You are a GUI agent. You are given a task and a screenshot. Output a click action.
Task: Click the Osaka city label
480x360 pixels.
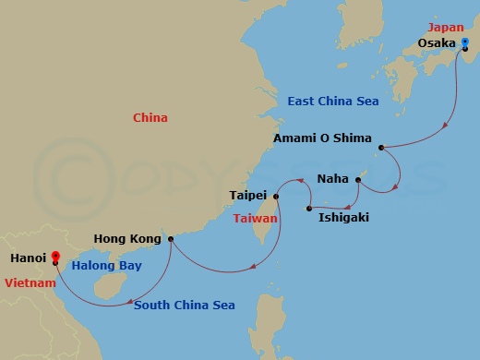pos(437,42)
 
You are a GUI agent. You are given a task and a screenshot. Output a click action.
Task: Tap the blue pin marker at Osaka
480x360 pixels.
pos(464,42)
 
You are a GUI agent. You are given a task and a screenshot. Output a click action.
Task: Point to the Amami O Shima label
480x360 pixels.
pos(322,139)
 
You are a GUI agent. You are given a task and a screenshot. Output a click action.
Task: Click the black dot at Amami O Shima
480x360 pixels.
pos(380,146)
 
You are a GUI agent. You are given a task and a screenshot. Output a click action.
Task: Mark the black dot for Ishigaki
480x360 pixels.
pos(308,210)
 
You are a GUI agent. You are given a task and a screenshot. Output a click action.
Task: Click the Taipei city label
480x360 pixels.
pos(248,196)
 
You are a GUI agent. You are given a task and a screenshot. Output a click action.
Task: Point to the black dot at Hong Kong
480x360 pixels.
pos(171,239)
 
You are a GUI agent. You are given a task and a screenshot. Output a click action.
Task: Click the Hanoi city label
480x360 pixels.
pos(26,259)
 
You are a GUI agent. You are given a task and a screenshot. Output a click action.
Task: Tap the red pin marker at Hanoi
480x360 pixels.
pos(55,257)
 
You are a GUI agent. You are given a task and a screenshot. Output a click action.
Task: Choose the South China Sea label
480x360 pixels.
pos(185,306)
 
